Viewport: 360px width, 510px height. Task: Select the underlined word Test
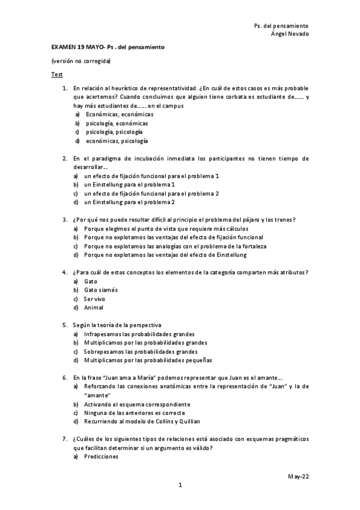pyautogui.click(x=57, y=75)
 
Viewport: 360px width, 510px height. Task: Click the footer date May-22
pyautogui.click(x=298, y=476)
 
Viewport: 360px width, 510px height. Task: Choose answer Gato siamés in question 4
pyautogui.click(x=101, y=290)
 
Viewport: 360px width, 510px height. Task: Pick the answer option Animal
pyautogui.click(x=94, y=307)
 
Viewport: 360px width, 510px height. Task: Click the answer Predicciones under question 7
pyautogui.click(x=102, y=456)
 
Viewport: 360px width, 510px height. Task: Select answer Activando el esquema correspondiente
pyautogui.click(x=138, y=404)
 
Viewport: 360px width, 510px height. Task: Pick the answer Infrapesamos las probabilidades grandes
pyautogui.click(x=139, y=334)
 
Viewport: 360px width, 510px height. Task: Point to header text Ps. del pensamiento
pyautogui.click(x=281, y=26)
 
